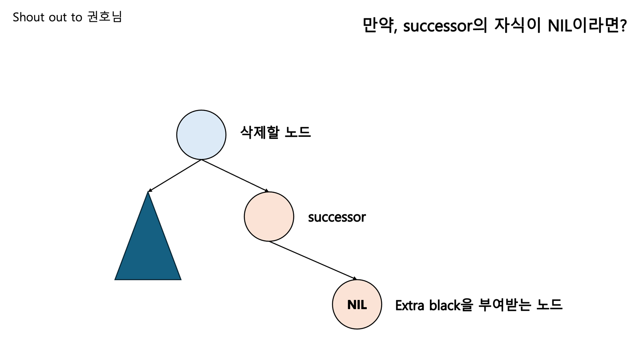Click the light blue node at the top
point(201,135)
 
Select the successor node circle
point(269,216)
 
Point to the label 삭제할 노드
point(275,132)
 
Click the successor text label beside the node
point(336,217)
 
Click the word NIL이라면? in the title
point(587,26)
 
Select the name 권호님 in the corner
point(104,17)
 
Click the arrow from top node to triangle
point(175,175)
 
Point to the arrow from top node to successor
point(235,175)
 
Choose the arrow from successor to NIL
point(312,260)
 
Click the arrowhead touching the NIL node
point(354,278)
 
